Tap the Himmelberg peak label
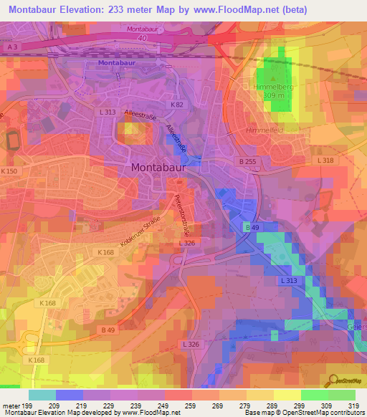tap(274, 85)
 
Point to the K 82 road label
tap(177, 105)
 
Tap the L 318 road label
tap(325, 161)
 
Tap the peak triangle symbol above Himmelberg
tap(274, 77)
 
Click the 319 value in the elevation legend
tap(355, 405)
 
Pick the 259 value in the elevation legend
tap(192, 405)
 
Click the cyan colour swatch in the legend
tap(42, 395)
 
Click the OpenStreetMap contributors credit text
tap(315, 413)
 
